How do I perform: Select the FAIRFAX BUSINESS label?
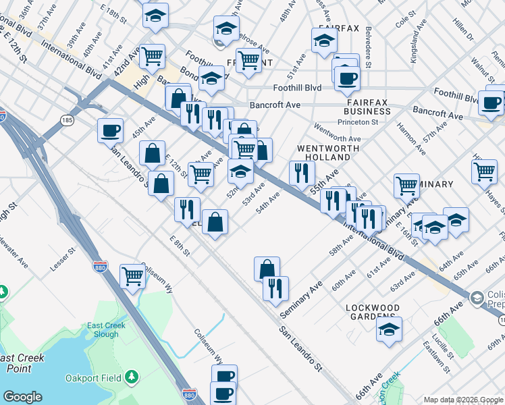pyautogui.click(x=367, y=105)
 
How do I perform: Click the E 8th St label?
pyautogui.click(x=181, y=246)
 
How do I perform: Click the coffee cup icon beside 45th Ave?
pyautogui.click(x=110, y=130)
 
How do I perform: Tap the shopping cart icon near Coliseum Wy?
pyautogui.click(x=133, y=275)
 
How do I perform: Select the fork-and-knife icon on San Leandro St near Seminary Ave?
pyautogui.click(x=275, y=288)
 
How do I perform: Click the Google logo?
pyautogui.click(x=22, y=397)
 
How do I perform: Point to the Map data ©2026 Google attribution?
pyautogui.click(x=463, y=400)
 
